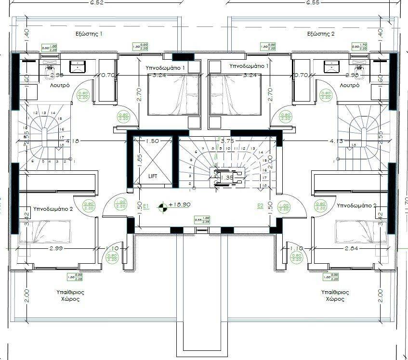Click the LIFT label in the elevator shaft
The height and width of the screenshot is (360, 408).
tap(152, 177)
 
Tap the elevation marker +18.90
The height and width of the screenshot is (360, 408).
tap(180, 205)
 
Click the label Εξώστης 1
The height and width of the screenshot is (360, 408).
tap(89, 34)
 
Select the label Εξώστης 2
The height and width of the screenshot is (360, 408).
tap(321, 34)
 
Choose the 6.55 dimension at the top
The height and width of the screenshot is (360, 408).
tap(314, 2)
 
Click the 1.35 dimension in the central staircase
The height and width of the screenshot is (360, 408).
tap(227, 178)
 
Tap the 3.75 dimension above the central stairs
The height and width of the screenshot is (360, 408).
tap(227, 141)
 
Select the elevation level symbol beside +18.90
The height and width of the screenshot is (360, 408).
tap(164, 206)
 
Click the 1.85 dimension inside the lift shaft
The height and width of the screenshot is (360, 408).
tap(139, 160)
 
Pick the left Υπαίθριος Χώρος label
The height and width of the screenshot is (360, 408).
tap(66, 296)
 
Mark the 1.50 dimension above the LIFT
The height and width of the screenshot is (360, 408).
tap(152, 141)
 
